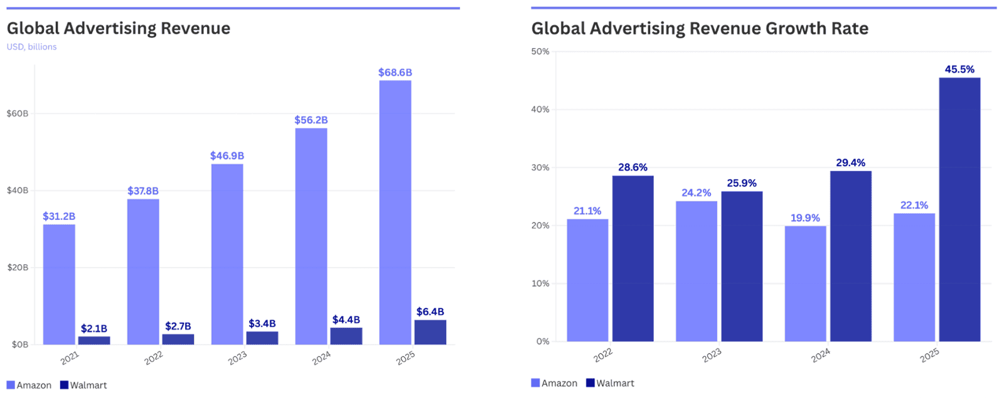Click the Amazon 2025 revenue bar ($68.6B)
point(395,213)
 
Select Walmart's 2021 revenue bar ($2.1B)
point(94,340)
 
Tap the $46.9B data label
point(227,155)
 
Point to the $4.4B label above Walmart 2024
point(346,320)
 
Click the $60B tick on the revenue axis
point(17,113)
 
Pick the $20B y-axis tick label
point(17,268)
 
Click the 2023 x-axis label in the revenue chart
point(237,358)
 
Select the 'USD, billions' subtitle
point(31,47)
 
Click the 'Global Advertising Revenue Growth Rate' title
point(700,28)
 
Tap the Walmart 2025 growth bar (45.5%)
point(959,210)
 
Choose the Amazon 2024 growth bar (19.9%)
point(805,283)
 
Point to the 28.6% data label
point(633,167)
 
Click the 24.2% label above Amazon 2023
point(697,192)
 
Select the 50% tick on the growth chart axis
point(540,51)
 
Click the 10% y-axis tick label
point(540,283)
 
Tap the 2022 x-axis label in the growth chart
point(603,355)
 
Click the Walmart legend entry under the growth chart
point(610,383)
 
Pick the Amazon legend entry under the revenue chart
point(29,385)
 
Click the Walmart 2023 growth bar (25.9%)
point(742,266)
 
